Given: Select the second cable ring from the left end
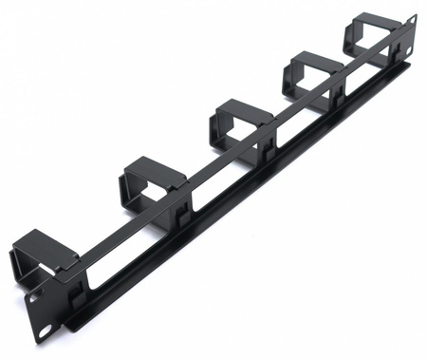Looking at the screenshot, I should point(151,177).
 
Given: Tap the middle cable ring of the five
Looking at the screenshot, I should point(237,120).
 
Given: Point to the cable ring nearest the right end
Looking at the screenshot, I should point(374,34).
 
